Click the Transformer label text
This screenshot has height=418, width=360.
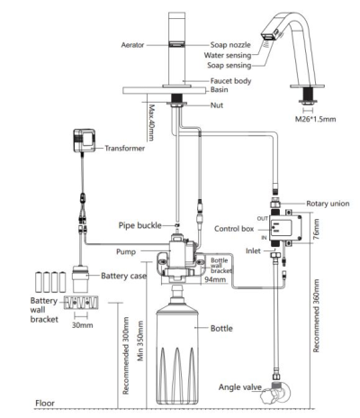click(125, 148)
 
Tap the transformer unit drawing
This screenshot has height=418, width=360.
click(85, 141)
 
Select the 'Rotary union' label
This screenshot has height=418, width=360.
click(328, 204)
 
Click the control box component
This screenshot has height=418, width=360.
click(285, 227)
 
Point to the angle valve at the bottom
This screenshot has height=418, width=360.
click(275, 393)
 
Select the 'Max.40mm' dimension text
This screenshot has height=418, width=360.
click(151, 123)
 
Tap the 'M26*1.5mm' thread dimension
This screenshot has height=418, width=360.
click(315, 119)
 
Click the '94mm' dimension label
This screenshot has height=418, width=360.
click(215, 279)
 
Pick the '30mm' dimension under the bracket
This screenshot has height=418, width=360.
click(82, 325)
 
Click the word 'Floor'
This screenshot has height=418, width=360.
click(45, 403)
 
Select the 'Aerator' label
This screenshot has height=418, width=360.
click(132, 45)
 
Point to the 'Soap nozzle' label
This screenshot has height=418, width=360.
click(230, 45)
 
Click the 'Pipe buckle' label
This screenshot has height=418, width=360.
click(140, 225)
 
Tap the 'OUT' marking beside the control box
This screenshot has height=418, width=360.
click(262, 218)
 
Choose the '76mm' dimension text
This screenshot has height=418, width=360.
click(317, 229)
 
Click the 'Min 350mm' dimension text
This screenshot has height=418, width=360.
click(140, 341)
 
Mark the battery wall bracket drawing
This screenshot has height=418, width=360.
click(81, 303)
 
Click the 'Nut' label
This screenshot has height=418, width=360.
click(217, 105)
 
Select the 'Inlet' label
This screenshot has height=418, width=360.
click(253, 250)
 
